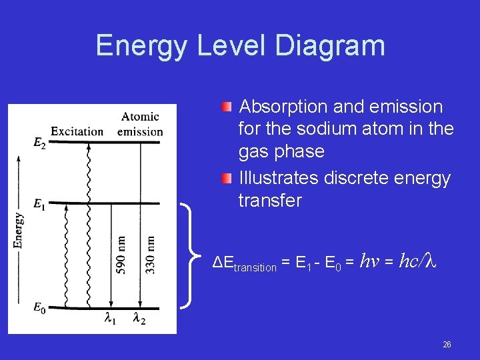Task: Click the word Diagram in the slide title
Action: coord(329,45)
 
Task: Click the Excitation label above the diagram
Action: coord(77,131)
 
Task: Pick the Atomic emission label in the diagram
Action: coord(140,124)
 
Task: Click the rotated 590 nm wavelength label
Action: coord(121,254)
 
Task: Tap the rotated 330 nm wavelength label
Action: coord(151,254)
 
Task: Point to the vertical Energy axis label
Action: coord(18,231)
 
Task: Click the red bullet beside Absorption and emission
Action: coord(227,107)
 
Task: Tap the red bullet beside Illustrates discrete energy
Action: coord(227,178)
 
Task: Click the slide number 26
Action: coord(447,345)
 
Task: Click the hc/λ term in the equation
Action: coord(417,262)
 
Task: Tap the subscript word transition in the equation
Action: coord(254,267)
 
